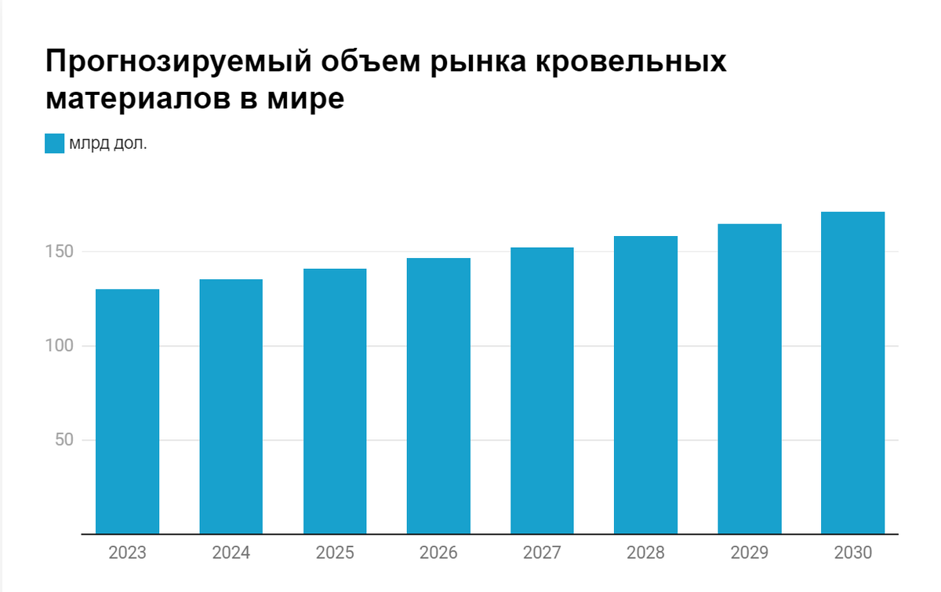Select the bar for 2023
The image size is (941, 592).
[x=127, y=412]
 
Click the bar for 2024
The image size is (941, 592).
[x=231, y=406]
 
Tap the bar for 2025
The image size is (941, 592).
[x=335, y=401]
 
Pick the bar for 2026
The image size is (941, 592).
[x=438, y=396]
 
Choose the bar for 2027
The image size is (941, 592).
[x=542, y=390]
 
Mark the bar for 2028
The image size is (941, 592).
[x=645, y=385]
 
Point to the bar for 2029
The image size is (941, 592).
[x=750, y=379]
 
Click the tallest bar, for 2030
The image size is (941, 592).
[x=853, y=373]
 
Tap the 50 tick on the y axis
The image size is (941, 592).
[x=64, y=440]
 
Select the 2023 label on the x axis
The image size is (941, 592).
[x=127, y=554]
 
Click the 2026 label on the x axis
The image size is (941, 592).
[x=438, y=554]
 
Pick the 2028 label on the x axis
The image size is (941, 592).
[x=645, y=554]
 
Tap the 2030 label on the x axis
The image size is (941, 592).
[x=853, y=554]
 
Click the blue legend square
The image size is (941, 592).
[x=54, y=143]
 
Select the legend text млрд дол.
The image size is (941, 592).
[x=107, y=143]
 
